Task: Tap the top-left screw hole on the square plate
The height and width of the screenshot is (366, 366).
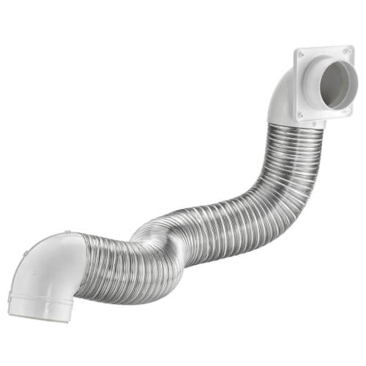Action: coord(300,53)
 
